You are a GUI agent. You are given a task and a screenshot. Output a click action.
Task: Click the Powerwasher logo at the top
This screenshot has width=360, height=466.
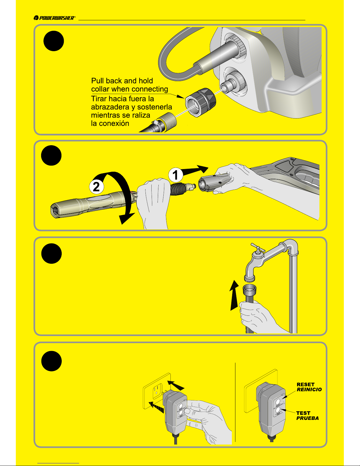pyautogui.click(x=54, y=18)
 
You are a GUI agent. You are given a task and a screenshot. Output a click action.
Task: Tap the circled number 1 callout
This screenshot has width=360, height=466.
pyautogui.click(x=175, y=175)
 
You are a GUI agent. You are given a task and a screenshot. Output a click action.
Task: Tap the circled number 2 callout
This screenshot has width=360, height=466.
pyautogui.click(x=96, y=187)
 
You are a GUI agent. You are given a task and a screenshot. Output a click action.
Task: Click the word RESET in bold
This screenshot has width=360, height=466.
pyautogui.click(x=305, y=385)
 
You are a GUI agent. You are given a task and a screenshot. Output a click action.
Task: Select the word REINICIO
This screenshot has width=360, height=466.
pyautogui.click(x=309, y=390)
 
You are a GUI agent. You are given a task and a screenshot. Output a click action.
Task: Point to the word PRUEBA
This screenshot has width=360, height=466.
pyautogui.click(x=307, y=418)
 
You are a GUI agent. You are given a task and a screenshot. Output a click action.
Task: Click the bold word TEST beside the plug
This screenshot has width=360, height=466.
pyautogui.click(x=303, y=413)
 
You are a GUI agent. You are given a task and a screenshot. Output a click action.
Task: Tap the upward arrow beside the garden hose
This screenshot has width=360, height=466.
pyautogui.click(x=234, y=295)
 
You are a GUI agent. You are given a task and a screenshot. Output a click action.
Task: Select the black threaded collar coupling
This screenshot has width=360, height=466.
pyautogui.click(x=200, y=102)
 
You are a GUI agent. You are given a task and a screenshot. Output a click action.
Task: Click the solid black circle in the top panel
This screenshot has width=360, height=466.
pyautogui.click(x=53, y=41)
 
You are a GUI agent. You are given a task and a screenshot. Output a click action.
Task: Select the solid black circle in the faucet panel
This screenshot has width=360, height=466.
pyautogui.click(x=51, y=253)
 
